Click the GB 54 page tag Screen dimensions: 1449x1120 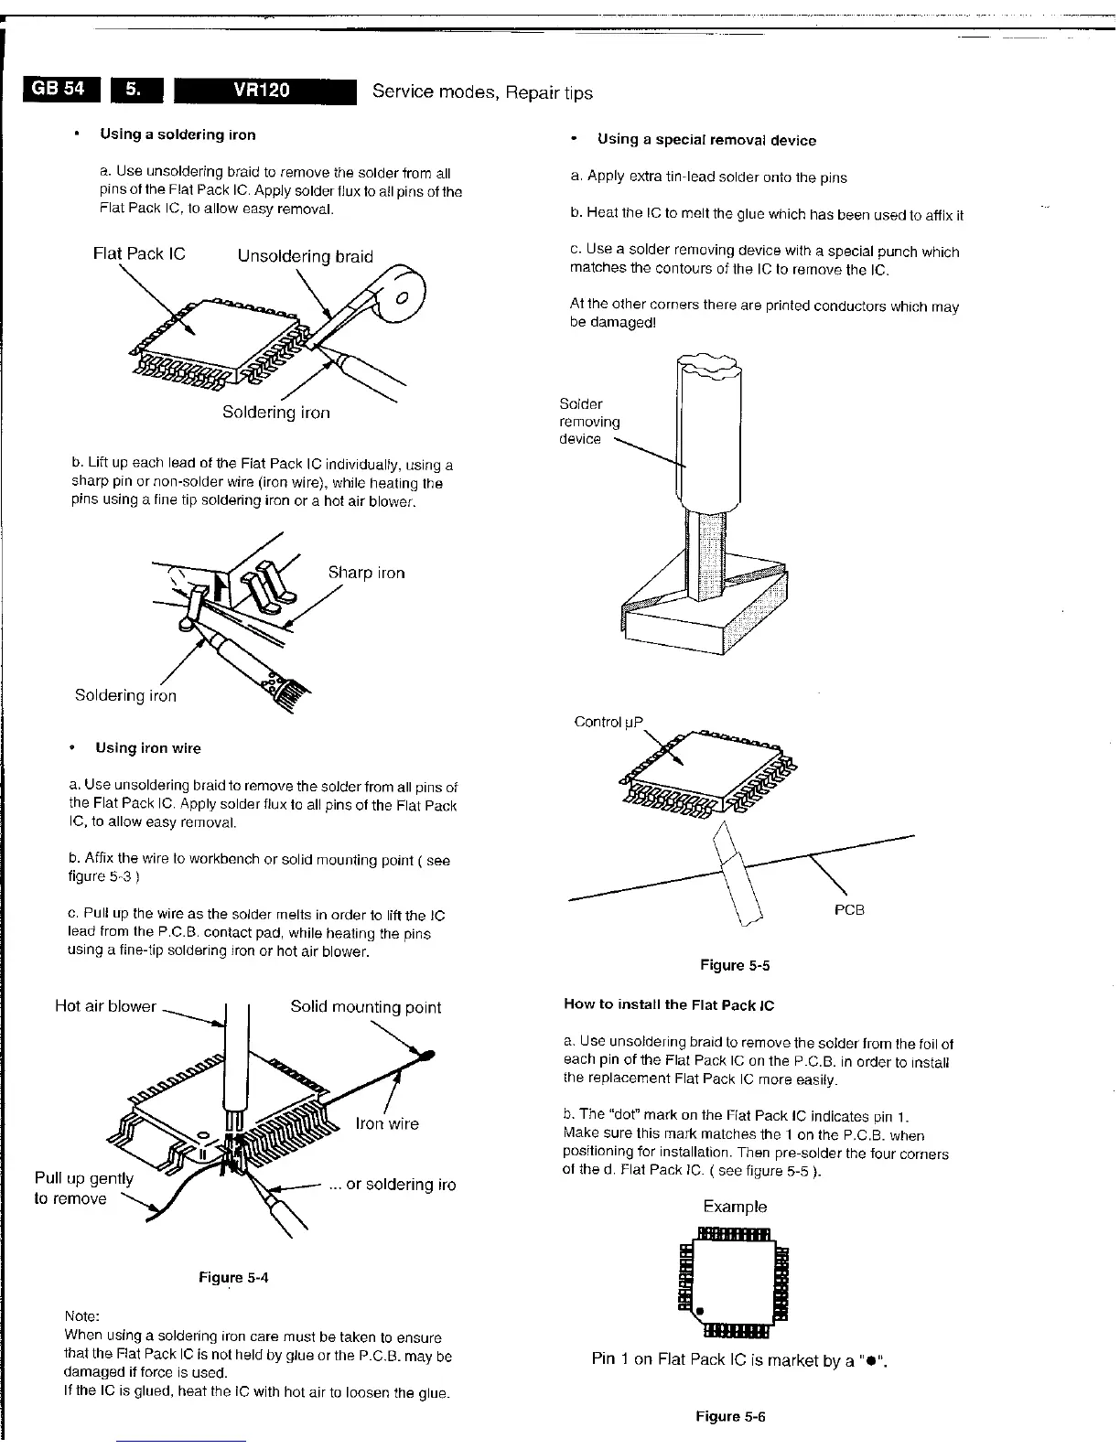point(59,89)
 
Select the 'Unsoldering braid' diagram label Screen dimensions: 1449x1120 point(305,256)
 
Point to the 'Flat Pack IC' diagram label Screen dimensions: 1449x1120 point(139,253)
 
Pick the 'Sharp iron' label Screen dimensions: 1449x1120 point(366,573)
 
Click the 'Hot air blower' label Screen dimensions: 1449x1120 point(105,1006)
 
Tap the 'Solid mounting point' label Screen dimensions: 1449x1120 point(365,1007)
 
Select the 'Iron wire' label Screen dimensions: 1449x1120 point(387,1123)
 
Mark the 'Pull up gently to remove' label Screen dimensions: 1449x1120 point(83,1188)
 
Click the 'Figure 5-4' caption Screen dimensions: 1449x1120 point(233,1277)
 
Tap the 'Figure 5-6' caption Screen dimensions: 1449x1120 point(730,1416)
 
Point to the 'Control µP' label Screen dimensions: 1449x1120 point(608,722)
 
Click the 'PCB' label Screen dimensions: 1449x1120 point(849,909)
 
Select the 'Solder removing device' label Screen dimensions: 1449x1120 point(590,422)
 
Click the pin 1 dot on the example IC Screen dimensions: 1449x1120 point(701,1311)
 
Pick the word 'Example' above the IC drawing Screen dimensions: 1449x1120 point(735,1207)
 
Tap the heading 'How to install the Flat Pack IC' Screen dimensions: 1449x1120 point(669,1004)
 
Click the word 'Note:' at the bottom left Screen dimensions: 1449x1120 point(81,1316)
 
